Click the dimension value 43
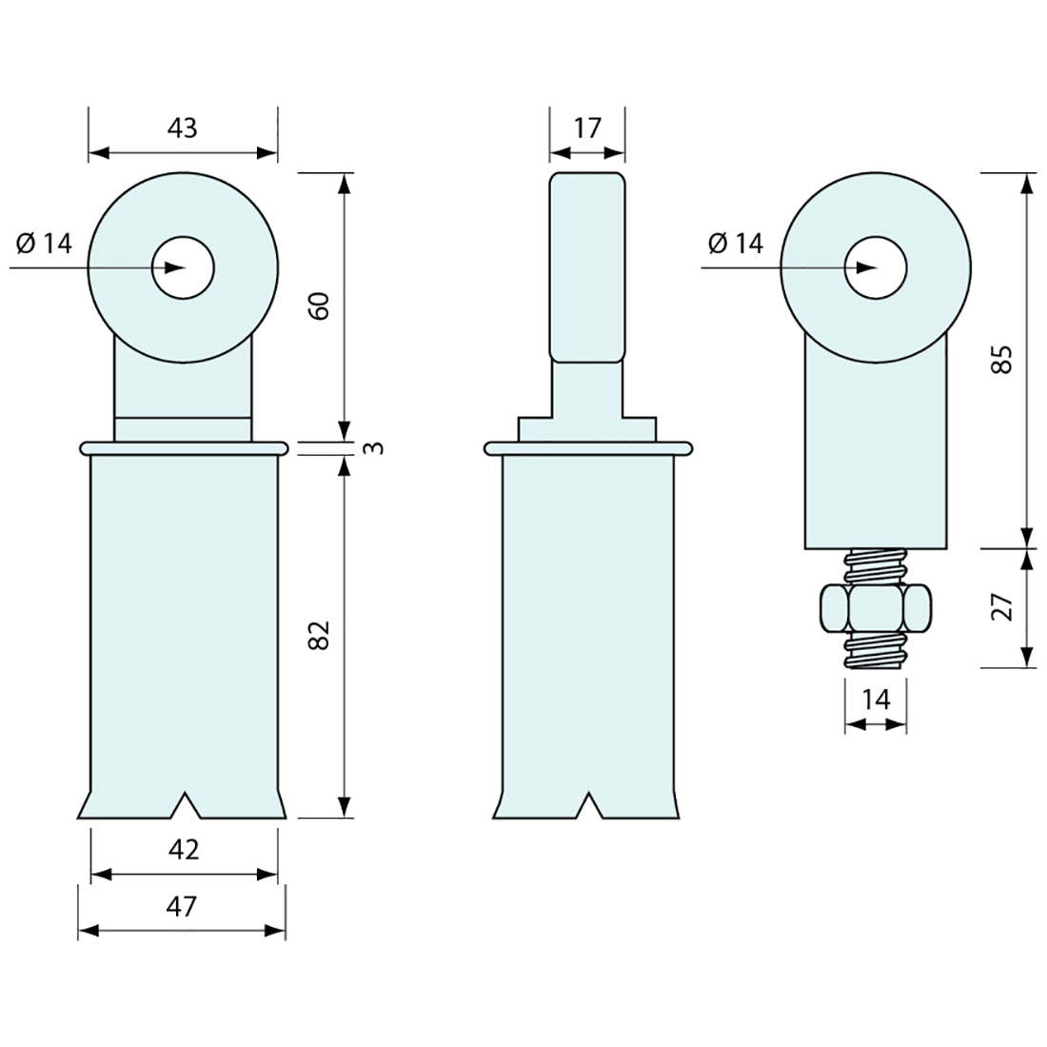click(x=183, y=128)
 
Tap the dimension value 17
click(x=587, y=128)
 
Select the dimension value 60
click(x=321, y=306)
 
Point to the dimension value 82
click(x=321, y=635)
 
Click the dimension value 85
click(x=1003, y=359)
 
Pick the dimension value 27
click(x=1003, y=606)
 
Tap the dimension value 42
click(x=184, y=850)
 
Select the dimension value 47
click(x=182, y=906)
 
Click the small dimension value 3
click(x=377, y=447)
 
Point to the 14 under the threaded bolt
click(x=876, y=700)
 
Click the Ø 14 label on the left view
click(x=44, y=244)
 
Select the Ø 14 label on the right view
click(x=736, y=244)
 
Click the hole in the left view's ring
click(x=183, y=268)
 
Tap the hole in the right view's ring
click(x=876, y=268)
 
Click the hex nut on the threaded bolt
click(x=876, y=607)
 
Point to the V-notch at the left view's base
click(x=184, y=805)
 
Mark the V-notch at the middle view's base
click(x=588, y=805)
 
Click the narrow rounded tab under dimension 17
click(x=587, y=267)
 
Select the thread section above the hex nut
click(x=876, y=567)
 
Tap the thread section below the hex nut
click(x=876, y=650)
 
